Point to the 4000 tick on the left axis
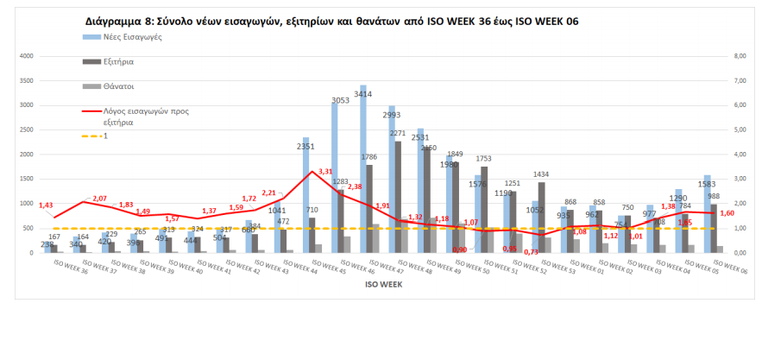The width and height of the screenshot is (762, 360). pos(25,56)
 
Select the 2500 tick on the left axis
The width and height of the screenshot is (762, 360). pos(25,129)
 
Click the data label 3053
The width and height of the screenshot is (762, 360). pos(341,101)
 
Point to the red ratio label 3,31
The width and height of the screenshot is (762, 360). pos(325,172)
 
